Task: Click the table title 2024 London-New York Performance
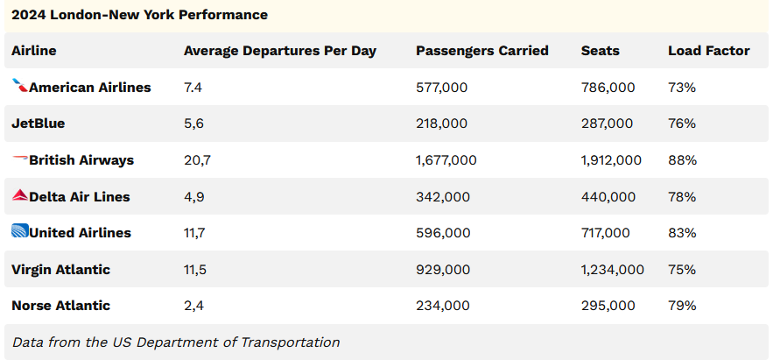point(139,15)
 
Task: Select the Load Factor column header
point(708,51)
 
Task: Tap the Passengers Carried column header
point(481,51)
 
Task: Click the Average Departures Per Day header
point(279,51)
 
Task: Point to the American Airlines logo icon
point(19,86)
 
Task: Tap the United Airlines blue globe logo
point(19,232)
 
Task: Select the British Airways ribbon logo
point(19,159)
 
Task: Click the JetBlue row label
point(38,124)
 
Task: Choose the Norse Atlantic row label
point(60,306)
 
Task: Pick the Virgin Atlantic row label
point(60,269)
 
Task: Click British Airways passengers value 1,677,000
point(446,160)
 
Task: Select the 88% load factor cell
point(682,160)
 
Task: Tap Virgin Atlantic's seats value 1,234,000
point(612,270)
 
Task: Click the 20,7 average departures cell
point(197,160)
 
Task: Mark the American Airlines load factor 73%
point(682,88)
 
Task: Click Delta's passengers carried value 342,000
point(442,197)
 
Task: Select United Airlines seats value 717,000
point(605,233)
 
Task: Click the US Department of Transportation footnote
point(176,342)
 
